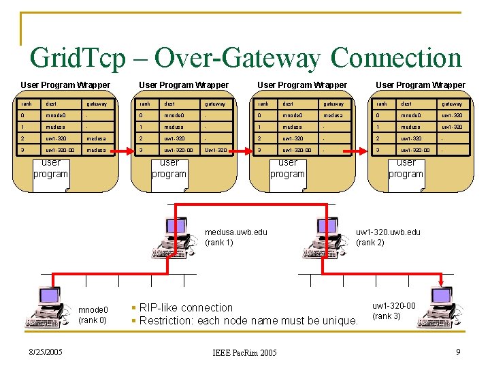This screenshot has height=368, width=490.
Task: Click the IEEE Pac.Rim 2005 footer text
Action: pos(244,353)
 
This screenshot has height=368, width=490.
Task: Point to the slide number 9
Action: pos(459,352)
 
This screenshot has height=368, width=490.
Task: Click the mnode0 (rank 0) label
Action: pos(93,315)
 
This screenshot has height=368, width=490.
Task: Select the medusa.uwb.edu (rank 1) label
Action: pos(235,237)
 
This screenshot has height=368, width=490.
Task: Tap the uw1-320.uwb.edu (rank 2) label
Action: pos(388,237)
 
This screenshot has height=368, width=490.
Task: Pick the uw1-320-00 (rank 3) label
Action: pos(394,311)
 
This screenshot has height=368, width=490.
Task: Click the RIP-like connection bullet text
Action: pos(186,307)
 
